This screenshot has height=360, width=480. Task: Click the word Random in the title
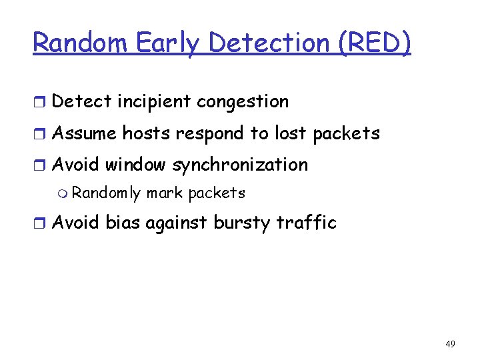click(x=81, y=43)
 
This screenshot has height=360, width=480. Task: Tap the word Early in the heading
click(x=169, y=43)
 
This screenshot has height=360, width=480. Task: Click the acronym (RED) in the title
click(x=375, y=43)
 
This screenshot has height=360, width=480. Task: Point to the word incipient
click(x=153, y=102)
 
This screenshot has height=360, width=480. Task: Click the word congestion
click(x=243, y=102)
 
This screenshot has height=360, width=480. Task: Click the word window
click(x=136, y=165)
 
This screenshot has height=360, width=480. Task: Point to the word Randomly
click(x=106, y=193)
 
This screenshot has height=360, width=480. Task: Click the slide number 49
click(x=450, y=344)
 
